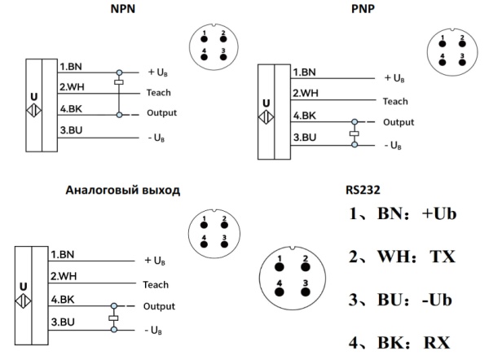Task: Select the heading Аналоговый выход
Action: [x=122, y=190]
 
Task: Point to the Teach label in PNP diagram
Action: [x=395, y=101]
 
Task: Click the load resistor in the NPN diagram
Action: [x=120, y=83]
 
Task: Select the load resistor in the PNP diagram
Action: [x=354, y=133]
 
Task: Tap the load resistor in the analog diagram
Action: [x=113, y=318]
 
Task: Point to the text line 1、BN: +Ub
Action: [x=399, y=215]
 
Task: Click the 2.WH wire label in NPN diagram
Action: [x=72, y=88]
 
